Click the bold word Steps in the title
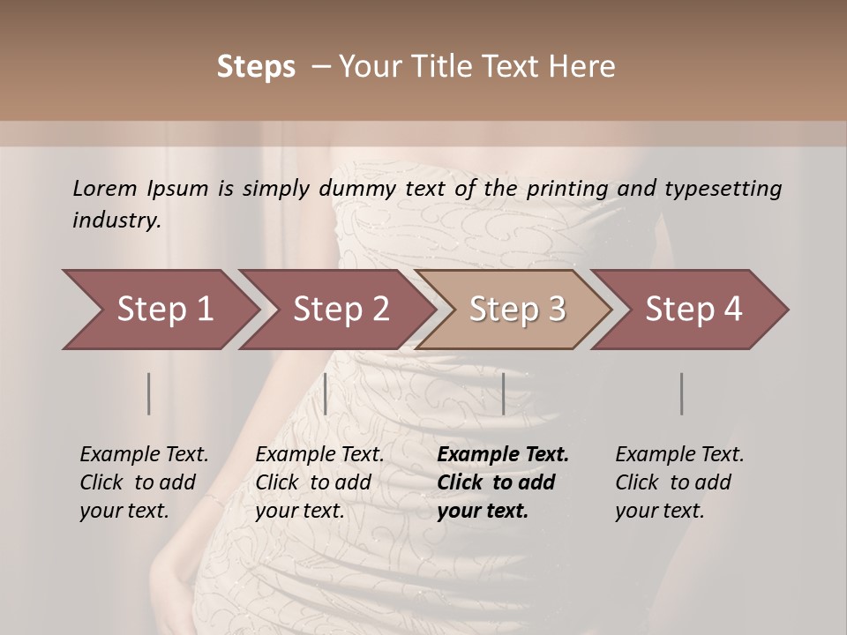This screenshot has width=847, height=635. pyautogui.click(x=256, y=67)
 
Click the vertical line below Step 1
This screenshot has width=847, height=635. pyautogui.click(x=149, y=393)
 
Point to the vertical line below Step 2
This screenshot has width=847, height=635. pyautogui.click(x=326, y=393)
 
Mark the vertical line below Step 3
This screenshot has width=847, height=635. pyautogui.click(x=503, y=393)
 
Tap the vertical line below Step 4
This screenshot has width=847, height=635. pyautogui.click(x=681, y=393)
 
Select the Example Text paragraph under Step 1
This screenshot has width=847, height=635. pyautogui.click(x=144, y=482)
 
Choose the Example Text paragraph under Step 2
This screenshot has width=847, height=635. pyautogui.click(x=319, y=482)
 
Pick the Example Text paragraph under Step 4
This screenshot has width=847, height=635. pyautogui.click(x=679, y=482)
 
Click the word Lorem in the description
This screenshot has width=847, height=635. pyautogui.click(x=105, y=188)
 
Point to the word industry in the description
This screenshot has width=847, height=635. pyautogui.click(x=116, y=220)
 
